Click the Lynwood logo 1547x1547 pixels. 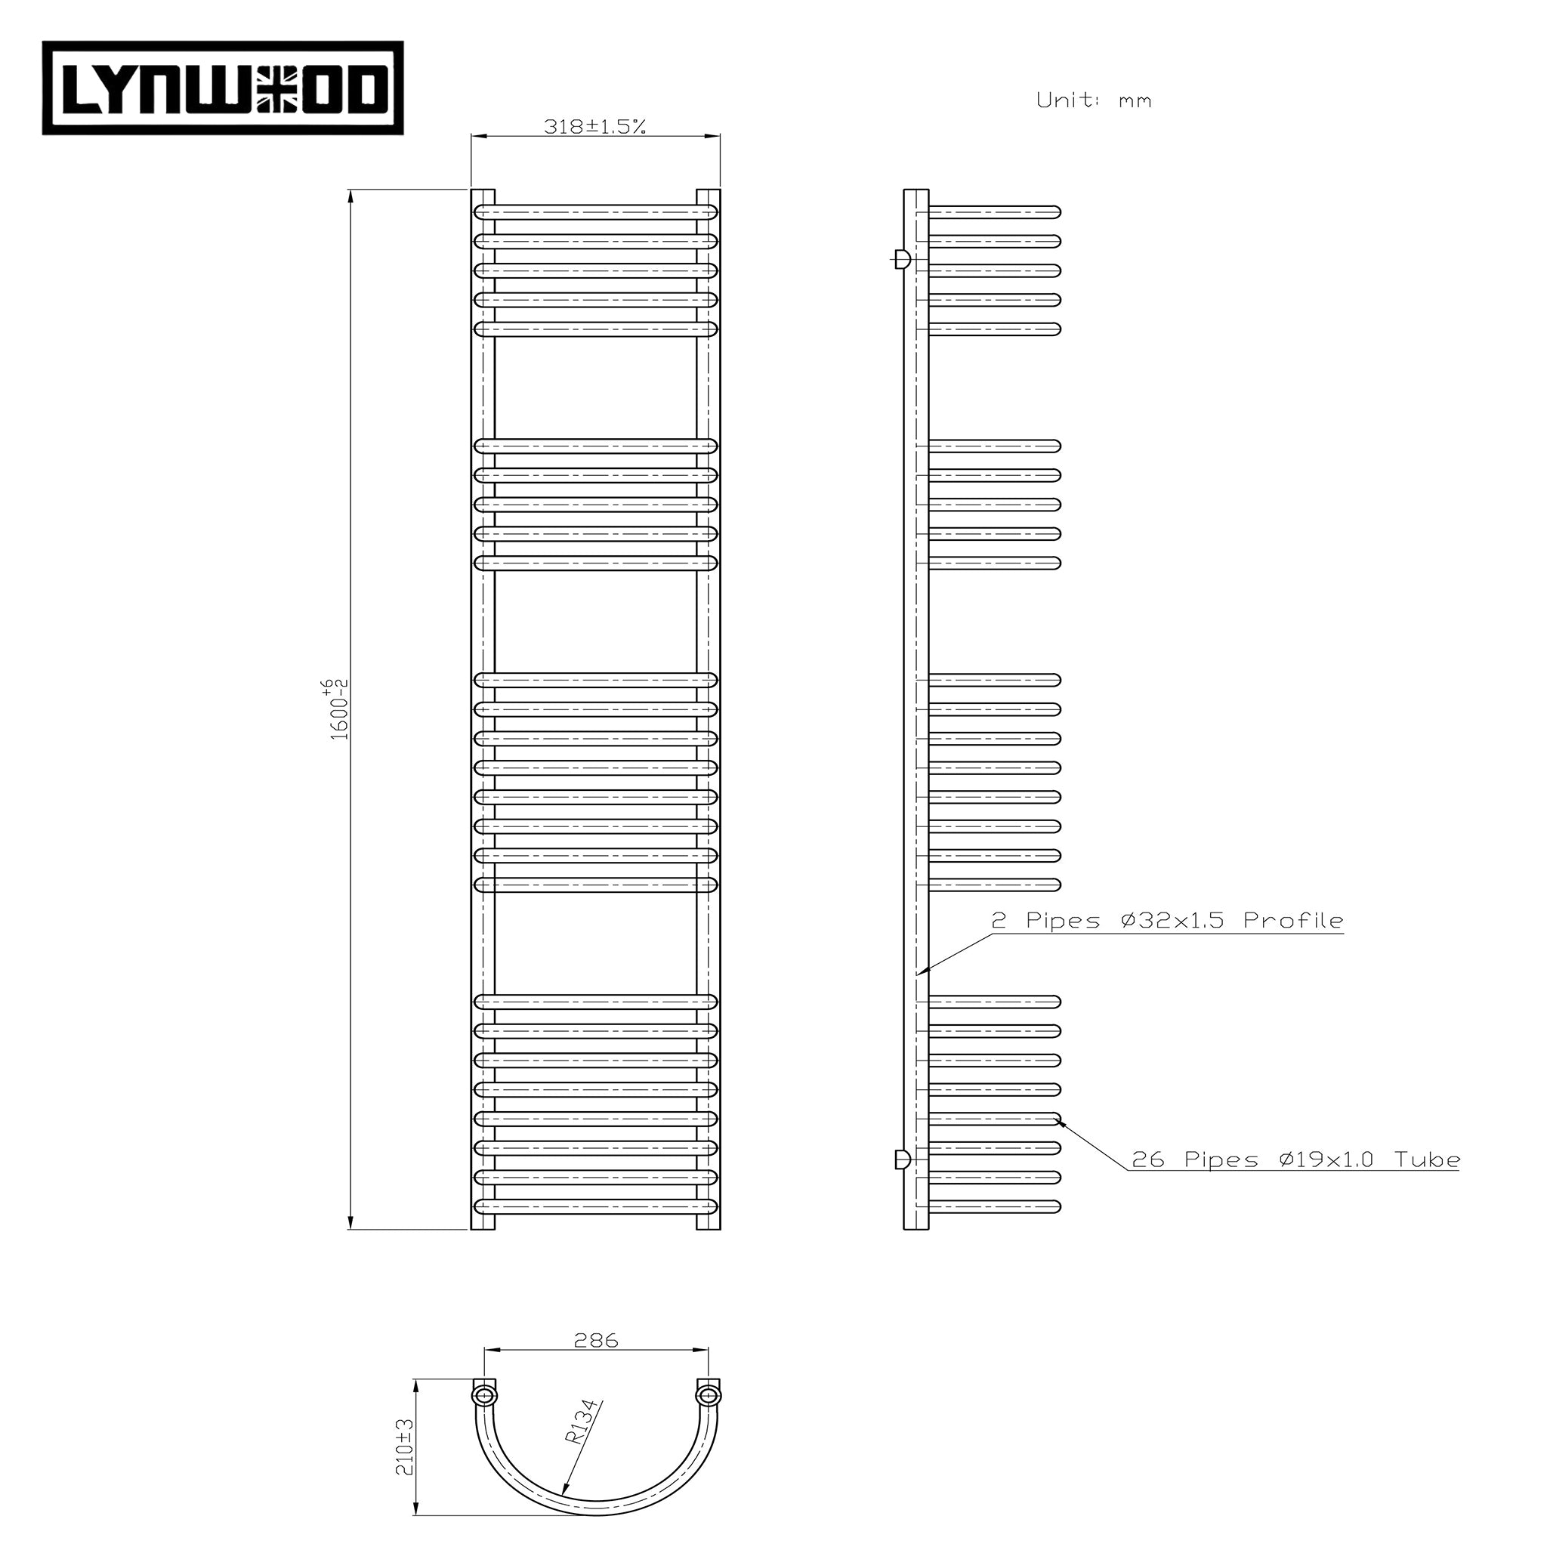click(x=223, y=88)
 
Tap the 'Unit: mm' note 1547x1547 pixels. click(x=1093, y=101)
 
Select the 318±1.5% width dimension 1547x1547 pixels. click(x=594, y=126)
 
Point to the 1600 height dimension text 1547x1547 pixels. click(x=339, y=710)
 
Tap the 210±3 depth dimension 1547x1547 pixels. click(x=406, y=1446)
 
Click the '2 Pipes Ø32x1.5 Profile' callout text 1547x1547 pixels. click(x=1166, y=922)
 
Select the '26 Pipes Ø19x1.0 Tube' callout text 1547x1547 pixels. click(x=1295, y=1159)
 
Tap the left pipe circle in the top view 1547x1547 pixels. click(x=483, y=1396)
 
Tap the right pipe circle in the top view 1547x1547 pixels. click(x=708, y=1396)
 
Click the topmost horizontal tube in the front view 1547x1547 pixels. click(x=595, y=212)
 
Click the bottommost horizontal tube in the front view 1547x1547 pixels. click(x=595, y=1206)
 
